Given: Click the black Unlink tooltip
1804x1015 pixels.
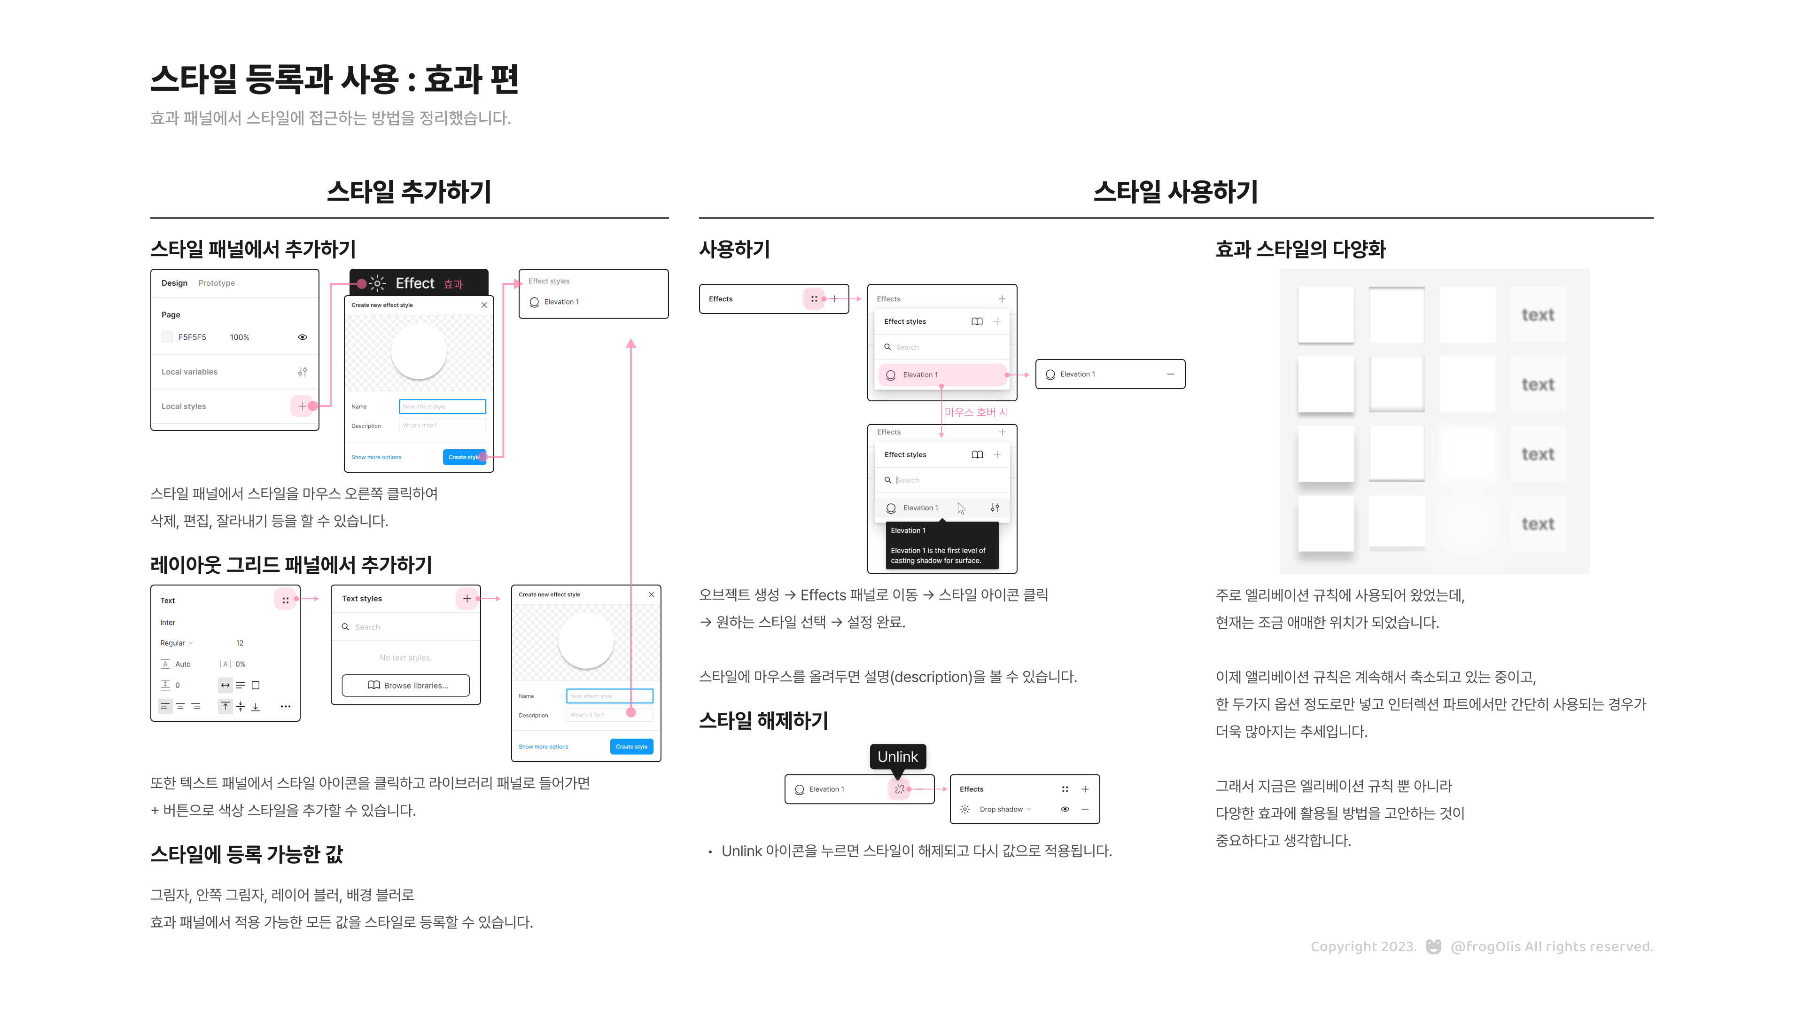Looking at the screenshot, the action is [897, 757].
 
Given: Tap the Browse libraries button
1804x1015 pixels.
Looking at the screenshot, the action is [406, 685].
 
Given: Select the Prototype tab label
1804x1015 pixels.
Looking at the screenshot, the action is [217, 283].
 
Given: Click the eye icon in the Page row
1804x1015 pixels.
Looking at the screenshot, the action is [303, 337].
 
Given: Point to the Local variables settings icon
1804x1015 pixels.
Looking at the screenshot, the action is [303, 371].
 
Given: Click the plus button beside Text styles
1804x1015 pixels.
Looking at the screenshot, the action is [467, 598].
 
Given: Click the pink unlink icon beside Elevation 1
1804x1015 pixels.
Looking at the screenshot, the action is [899, 789].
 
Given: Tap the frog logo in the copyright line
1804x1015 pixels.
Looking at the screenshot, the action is [1433, 946].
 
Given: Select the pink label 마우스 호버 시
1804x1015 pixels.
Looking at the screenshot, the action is [976, 412].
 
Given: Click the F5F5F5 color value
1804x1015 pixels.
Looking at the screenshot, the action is [192, 337].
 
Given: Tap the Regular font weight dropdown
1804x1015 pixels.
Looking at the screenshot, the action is [176, 643].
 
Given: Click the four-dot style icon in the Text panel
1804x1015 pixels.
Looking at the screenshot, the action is [285, 601].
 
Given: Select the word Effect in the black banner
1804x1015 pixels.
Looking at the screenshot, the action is [414, 283].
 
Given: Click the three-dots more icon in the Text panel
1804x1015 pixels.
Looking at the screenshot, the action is [285, 706].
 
